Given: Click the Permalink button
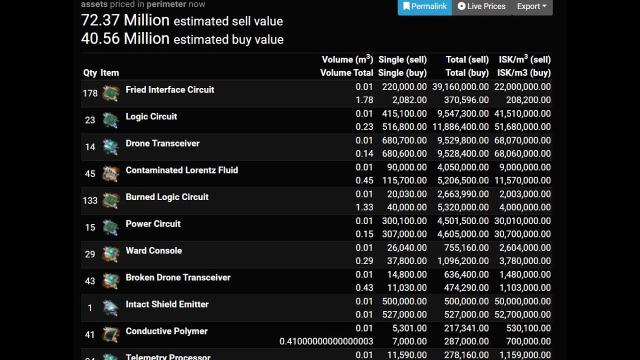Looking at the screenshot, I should click(x=424, y=6).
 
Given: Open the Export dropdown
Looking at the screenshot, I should click(x=531, y=6).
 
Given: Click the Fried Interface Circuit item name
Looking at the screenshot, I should click(x=169, y=90).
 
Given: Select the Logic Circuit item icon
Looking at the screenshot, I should click(x=110, y=120).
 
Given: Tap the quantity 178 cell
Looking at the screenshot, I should click(x=90, y=93).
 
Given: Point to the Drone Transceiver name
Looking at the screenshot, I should click(x=162, y=143).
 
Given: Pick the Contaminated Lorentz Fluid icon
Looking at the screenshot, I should click(x=110, y=174).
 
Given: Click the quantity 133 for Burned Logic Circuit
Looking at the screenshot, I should click(x=90, y=200).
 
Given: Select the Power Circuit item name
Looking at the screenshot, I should click(x=153, y=224).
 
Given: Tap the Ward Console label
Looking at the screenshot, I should click(x=153, y=251).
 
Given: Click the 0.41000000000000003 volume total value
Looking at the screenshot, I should click(x=326, y=341).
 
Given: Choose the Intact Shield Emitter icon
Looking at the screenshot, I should click(x=110, y=308).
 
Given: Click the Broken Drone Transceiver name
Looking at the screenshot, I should click(x=178, y=277).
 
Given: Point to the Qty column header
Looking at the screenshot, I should click(x=90, y=73).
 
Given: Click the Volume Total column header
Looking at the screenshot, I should click(x=346, y=73).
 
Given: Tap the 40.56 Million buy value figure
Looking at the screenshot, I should click(x=125, y=38).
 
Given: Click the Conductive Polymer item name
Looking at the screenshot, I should click(x=166, y=331).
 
